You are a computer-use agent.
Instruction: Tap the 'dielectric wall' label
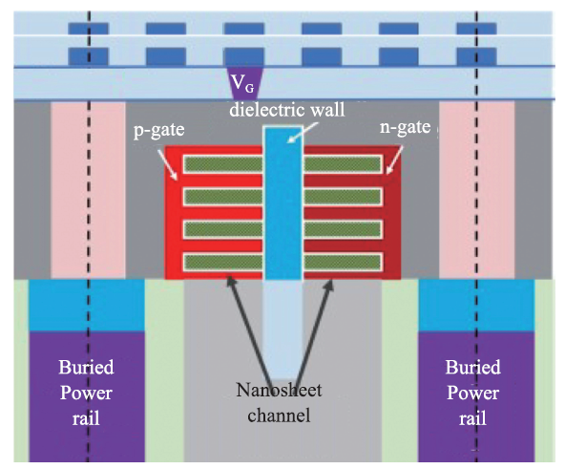tap(287, 109)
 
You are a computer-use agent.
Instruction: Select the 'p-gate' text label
tap(158, 130)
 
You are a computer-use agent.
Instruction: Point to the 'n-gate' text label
tap(405, 128)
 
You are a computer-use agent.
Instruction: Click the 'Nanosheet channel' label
tap(279, 403)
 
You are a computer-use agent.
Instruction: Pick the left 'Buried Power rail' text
tap(86, 393)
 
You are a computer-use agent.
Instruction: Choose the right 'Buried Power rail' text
tap(472, 393)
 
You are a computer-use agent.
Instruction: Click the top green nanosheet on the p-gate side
tap(223, 164)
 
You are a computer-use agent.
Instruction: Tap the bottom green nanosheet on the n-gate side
tap(343, 263)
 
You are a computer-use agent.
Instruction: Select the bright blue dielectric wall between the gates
tap(282, 203)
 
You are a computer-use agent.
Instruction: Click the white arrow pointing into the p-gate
tap(167, 164)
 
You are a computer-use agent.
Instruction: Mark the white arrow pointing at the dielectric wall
tap(303, 133)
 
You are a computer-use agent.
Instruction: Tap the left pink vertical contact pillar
tap(88, 190)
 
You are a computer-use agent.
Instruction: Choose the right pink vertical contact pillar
tap(477, 190)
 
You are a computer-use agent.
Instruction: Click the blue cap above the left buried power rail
tap(87, 306)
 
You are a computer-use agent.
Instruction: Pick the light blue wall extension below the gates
tap(282, 330)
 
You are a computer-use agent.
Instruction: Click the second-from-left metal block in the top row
tap(166, 29)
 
